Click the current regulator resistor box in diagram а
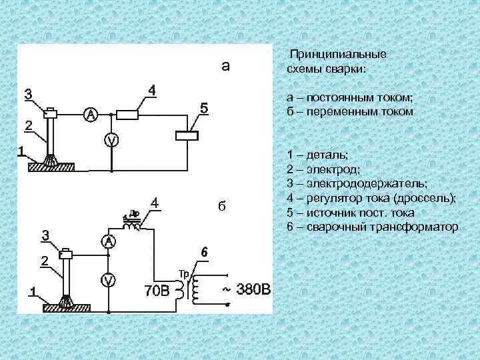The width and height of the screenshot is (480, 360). click(127, 115)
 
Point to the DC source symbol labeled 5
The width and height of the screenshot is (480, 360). click(187, 135)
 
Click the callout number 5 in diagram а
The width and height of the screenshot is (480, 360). click(204, 107)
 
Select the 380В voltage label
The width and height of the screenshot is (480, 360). click(255, 290)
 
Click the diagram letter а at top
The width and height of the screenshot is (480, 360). click(226, 65)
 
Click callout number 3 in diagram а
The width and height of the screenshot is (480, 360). click(29, 94)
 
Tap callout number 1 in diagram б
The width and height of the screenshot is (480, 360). click(31, 291)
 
